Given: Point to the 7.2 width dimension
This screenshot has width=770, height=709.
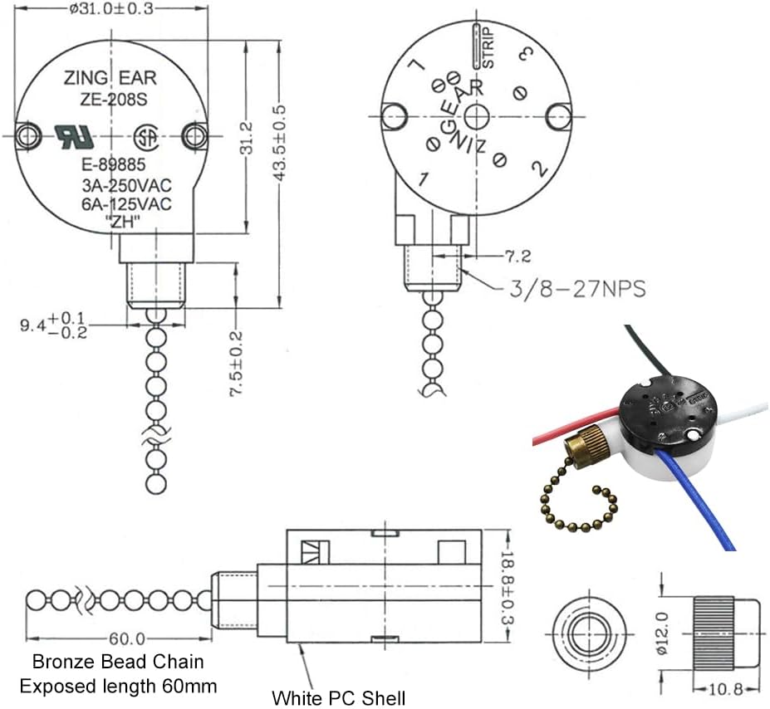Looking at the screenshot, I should click(x=513, y=256).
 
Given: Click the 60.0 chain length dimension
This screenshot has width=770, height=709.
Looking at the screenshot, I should click(x=126, y=638).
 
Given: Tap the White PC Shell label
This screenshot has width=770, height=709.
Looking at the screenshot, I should click(x=339, y=697).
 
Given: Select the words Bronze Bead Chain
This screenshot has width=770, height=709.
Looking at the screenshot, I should click(x=118, y=663).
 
